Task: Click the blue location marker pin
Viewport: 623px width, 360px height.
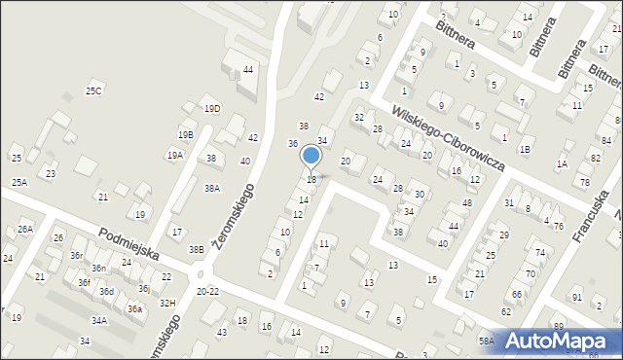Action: [x=311, y=156]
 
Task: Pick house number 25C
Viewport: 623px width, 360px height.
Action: [x=93, y=91]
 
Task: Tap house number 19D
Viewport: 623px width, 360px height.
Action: [x=212, y=109]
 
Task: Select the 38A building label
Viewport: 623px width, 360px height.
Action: [x=211, y=189]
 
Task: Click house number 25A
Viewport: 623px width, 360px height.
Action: [x=19, y=183]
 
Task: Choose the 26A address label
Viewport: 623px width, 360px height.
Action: [x=25, y=230]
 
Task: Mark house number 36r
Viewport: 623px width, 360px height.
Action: [x=76, y=256]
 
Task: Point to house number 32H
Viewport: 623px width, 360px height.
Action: [x=167, y=304]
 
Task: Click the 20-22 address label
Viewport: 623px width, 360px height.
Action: [x=207, y=292]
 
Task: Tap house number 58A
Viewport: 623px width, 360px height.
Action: [x=486, y=341]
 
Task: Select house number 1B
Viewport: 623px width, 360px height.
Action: [x=525, y=149]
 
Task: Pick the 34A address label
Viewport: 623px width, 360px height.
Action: [x=99, y=320]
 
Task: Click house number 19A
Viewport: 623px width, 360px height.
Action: [x=174, y=155]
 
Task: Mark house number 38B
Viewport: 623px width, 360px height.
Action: [x=197, y=250]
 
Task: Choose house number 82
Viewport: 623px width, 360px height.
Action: [x=596, y=158]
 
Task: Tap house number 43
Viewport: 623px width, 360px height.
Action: [x=222, y=334]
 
